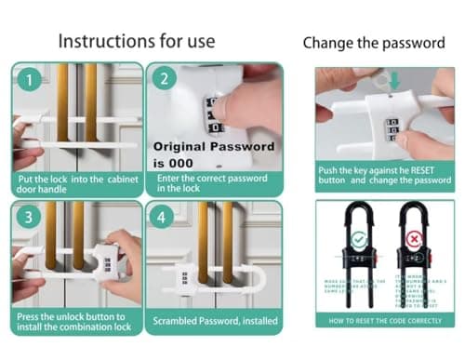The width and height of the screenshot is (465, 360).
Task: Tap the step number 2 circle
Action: [164, 80]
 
